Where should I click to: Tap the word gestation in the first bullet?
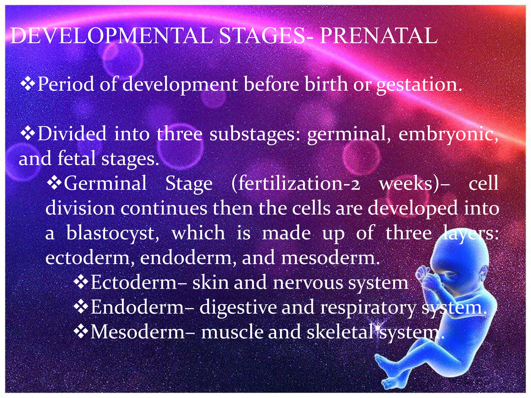[419, 84]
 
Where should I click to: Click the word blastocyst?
[113, 233]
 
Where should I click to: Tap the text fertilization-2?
[296, 183]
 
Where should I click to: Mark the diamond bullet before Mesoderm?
[81, 332]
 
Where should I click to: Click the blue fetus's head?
[462, 262]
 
